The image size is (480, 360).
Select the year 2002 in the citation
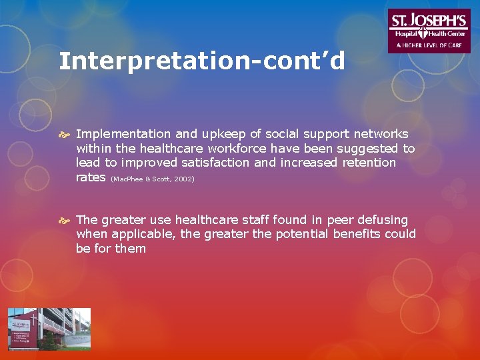coord(184,179)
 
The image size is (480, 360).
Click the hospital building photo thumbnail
coord(49,329)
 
